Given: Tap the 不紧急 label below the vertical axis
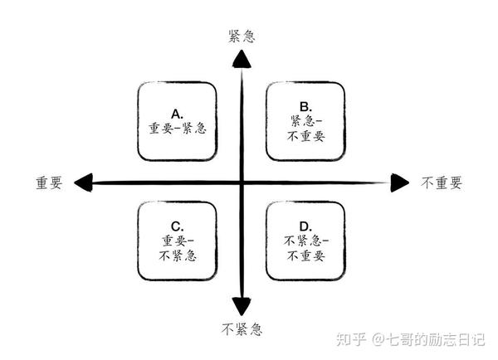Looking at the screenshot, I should coord(242,330).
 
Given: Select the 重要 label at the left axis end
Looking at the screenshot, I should coord(49,182).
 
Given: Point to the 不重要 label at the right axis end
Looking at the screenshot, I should coord(441,182).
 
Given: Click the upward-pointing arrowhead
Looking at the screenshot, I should coord(242,58).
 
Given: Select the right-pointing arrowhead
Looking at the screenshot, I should coord(400,182).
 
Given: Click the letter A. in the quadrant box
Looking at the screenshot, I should coord(177,113).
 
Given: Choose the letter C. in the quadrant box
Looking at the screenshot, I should coord(177,226).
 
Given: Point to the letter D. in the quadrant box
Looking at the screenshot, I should coord(305,226).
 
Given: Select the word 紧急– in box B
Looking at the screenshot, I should coord(305,120).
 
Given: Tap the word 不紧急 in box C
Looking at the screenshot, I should coord(177,255).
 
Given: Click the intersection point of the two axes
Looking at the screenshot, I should coord(242,182).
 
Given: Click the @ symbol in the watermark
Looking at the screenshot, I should coord(377,338).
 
